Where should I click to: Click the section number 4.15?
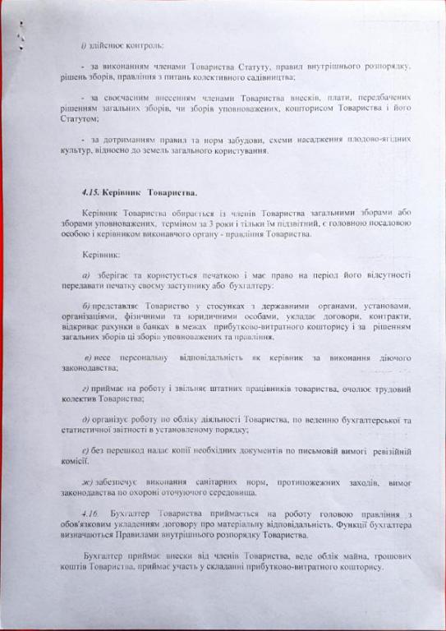click(x=82, y=190)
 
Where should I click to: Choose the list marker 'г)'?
click(x=86, y=389)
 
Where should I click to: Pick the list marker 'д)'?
click(x=86, y=420)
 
